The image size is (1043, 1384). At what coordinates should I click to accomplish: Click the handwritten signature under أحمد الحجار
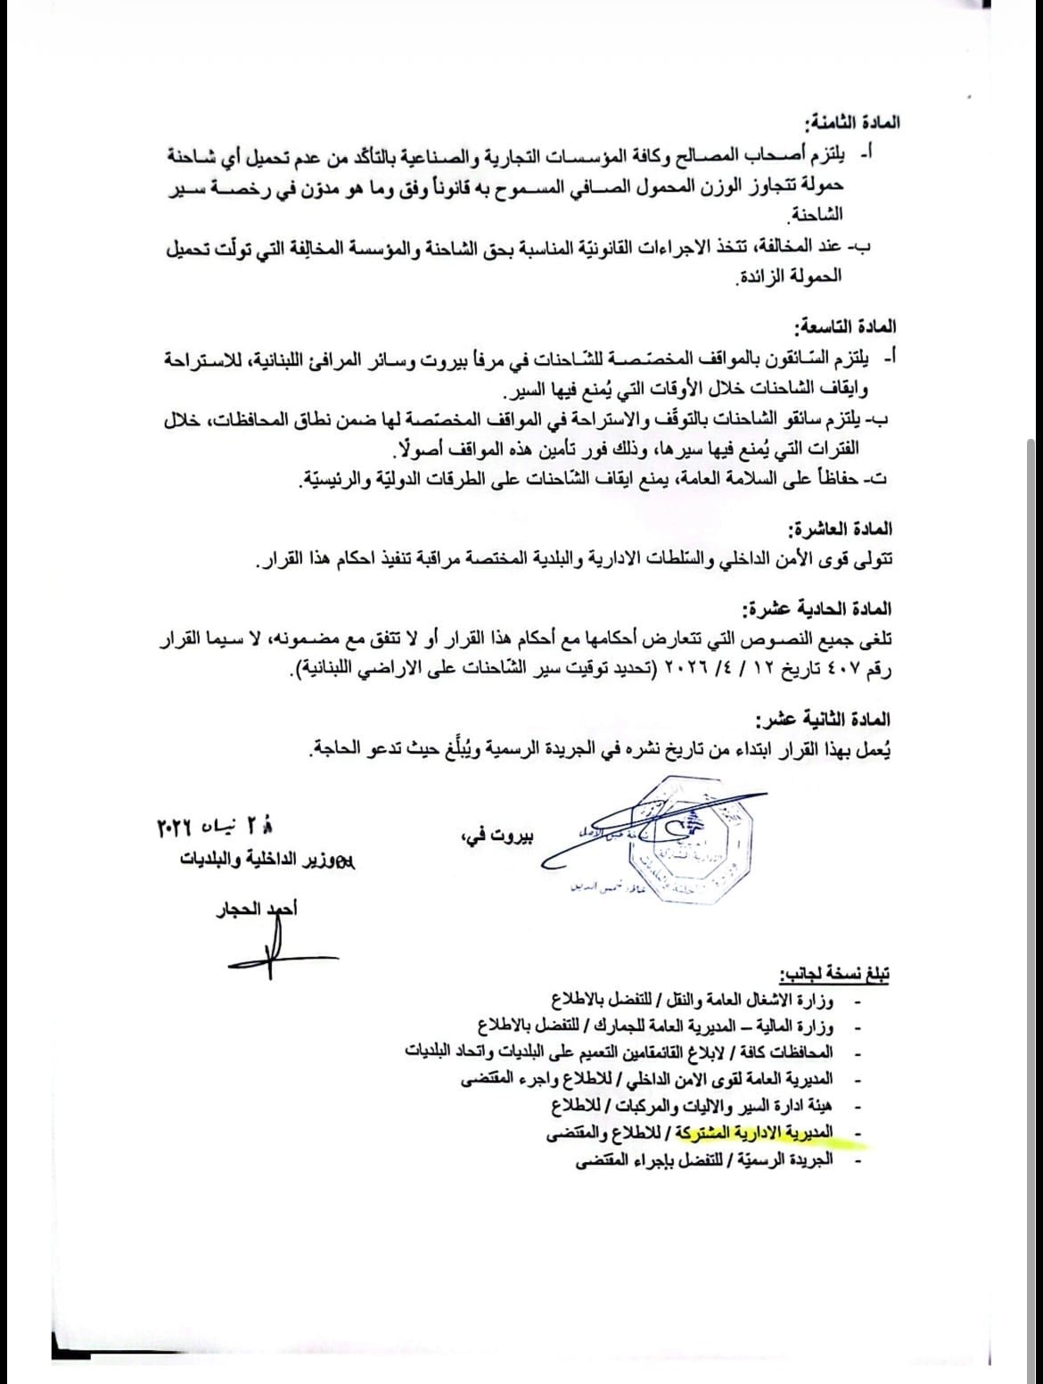(267, 945)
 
